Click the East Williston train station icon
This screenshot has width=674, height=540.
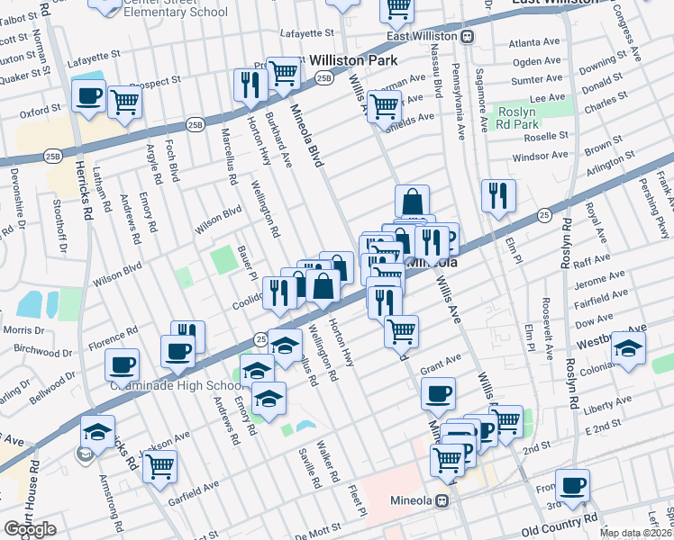(467, 37)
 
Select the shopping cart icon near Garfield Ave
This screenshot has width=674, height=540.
(159, 466)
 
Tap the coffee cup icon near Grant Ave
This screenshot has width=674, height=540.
(438, 393)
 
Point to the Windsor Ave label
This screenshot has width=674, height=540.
(541, 156)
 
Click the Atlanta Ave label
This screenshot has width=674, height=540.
(533, 42)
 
